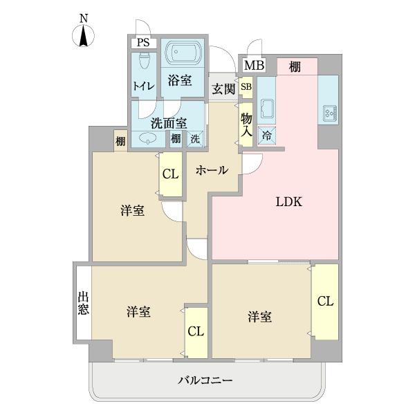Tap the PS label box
143,43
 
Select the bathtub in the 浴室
183,53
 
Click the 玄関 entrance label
223,88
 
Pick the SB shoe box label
246,87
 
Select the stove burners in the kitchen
328,111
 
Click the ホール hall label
211,170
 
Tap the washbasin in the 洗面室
149,138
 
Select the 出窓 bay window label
83,302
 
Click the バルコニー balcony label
205,380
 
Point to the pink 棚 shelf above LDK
295,66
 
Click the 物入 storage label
246,124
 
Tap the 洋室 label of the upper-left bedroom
133,211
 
